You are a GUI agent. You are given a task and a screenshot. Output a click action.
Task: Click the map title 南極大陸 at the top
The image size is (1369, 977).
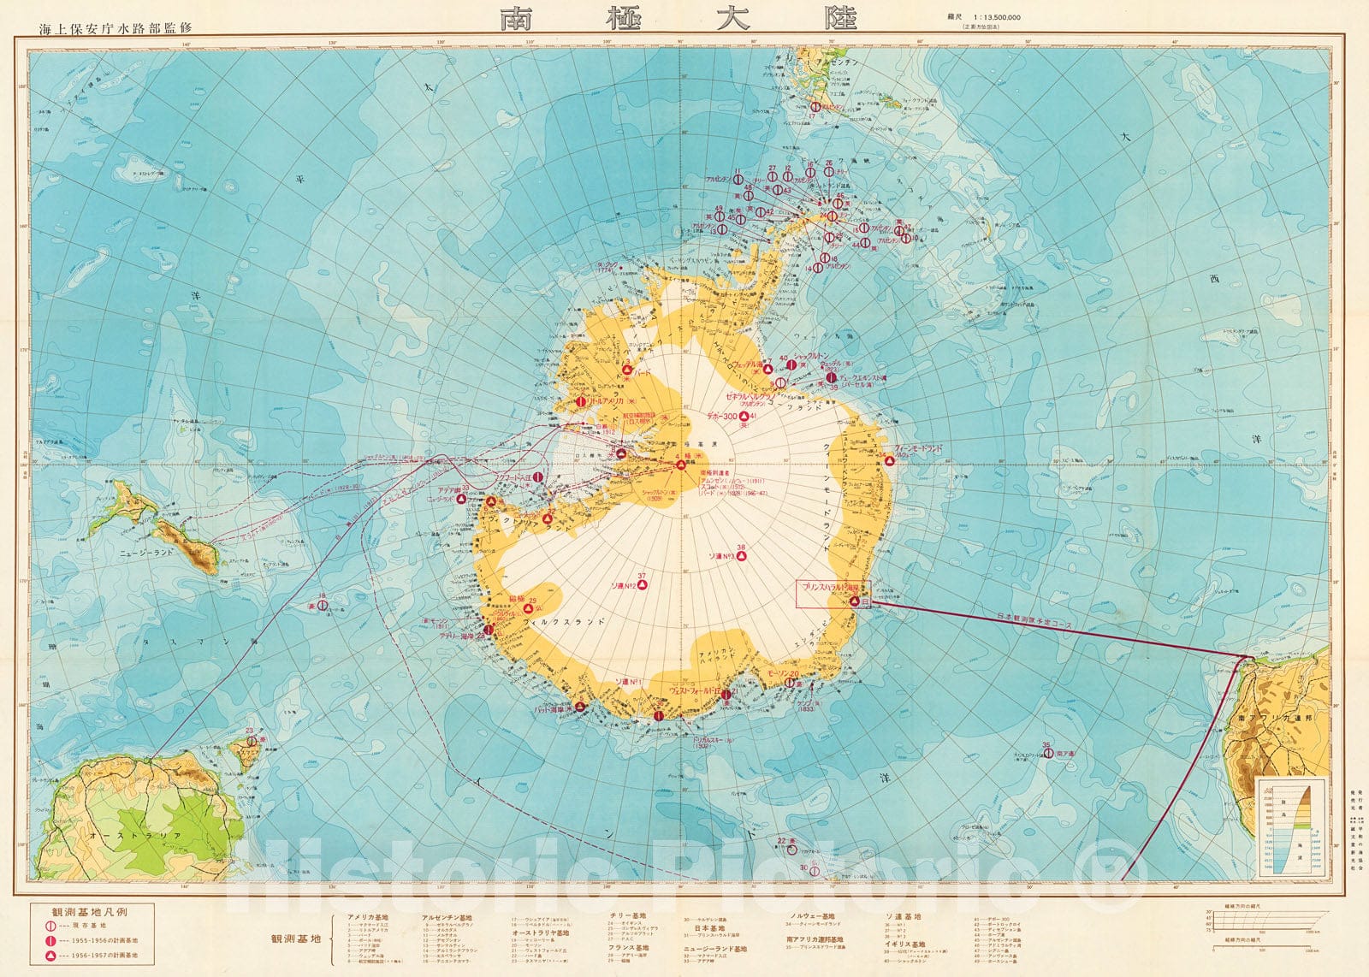coord(679,20)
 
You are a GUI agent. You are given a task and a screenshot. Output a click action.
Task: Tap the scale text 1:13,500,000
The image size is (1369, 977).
coord(1002,16)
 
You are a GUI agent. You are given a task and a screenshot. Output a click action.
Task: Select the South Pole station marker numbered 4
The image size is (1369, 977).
coord(681,465)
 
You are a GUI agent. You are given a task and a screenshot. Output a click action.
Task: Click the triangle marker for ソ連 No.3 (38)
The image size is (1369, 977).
coord(742,555)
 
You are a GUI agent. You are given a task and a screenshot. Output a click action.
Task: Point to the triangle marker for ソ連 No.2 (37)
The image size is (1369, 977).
coord(641,585)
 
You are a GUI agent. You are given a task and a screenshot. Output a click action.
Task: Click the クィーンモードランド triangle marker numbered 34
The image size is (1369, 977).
coord(889,460)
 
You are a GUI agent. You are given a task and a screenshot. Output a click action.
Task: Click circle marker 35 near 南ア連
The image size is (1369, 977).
coord(1048,754)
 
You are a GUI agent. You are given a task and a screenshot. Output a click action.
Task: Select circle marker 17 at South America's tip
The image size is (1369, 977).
coord(815,107)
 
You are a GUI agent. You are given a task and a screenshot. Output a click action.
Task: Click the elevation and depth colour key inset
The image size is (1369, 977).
coord(1291,826)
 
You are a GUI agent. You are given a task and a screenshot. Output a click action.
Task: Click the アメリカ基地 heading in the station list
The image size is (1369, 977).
coord(370,917)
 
